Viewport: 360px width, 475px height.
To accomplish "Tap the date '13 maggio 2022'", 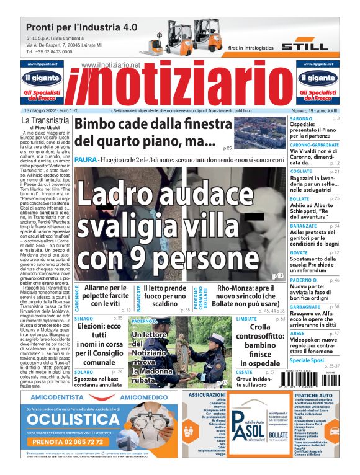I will point(45,110).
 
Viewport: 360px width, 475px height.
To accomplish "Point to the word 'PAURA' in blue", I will point(85,160).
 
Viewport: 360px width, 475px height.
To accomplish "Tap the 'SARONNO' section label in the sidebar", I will point(302,118).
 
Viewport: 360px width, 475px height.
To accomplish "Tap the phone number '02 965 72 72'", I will point(78,442).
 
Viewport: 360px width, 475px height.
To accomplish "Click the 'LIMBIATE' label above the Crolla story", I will point(246,318).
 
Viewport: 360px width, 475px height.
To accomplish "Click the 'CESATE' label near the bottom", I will point(244,371).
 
